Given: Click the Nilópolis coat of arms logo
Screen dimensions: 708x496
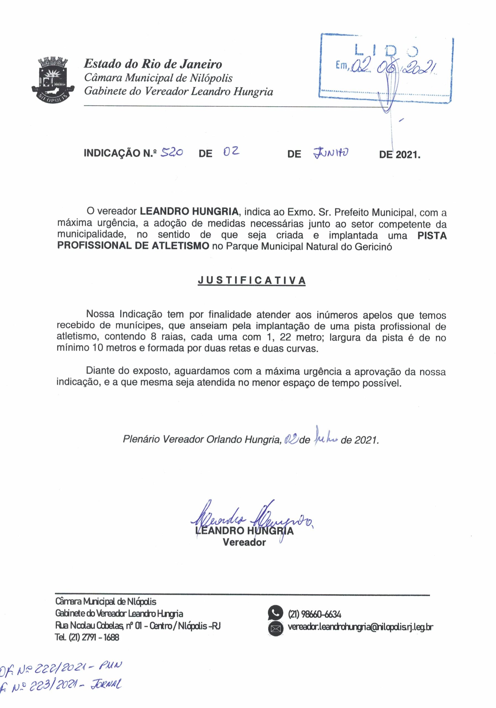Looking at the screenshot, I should pyautogui.click(x=51, y=79).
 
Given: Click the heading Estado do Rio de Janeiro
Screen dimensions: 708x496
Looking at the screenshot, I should pyautogui.click(x=153, y=64).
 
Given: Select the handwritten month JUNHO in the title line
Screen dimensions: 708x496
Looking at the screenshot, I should pyautogui.click(x=330, y=152).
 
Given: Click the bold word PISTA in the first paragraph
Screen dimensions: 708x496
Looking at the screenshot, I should pyautogui.click(x=432, y=236).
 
